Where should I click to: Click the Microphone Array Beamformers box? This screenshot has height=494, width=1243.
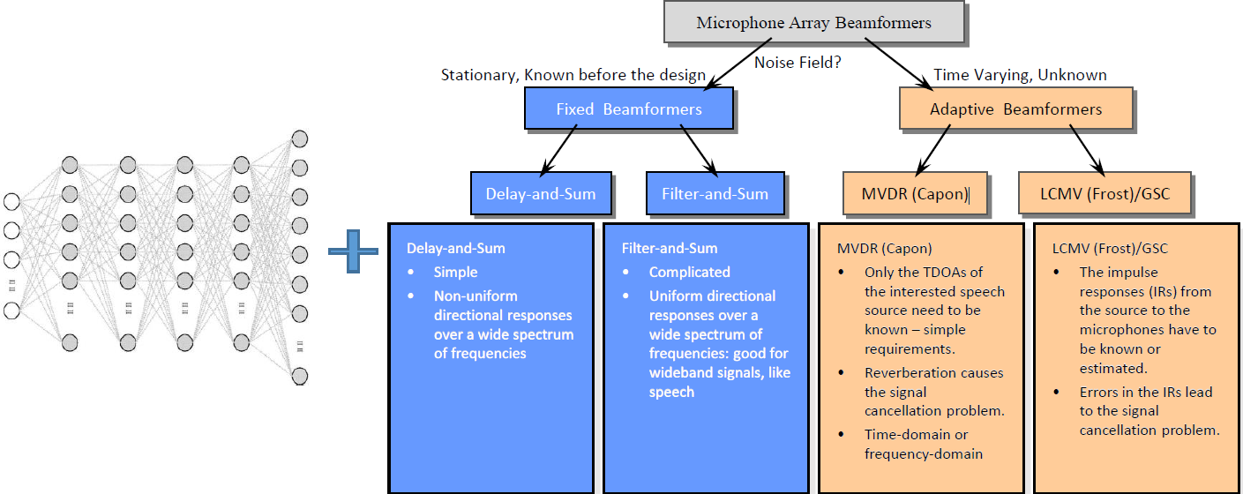[x=813, y=23]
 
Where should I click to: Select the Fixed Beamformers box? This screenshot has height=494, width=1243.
[x=629, y=109]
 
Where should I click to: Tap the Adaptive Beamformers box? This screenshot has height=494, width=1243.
[x=1015, y=109]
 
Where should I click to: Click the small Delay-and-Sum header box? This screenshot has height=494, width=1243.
[x=541, y=193]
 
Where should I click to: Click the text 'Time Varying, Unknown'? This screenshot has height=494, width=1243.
[x=1020, y=76]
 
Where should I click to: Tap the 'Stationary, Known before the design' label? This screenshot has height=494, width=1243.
[x=573, y=76]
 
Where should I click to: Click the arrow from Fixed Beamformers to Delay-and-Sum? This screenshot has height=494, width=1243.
[x=560, y=149]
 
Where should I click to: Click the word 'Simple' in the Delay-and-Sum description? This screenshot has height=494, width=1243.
[x=455, y=273]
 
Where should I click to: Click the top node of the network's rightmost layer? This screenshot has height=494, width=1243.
[x=300, y=138]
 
